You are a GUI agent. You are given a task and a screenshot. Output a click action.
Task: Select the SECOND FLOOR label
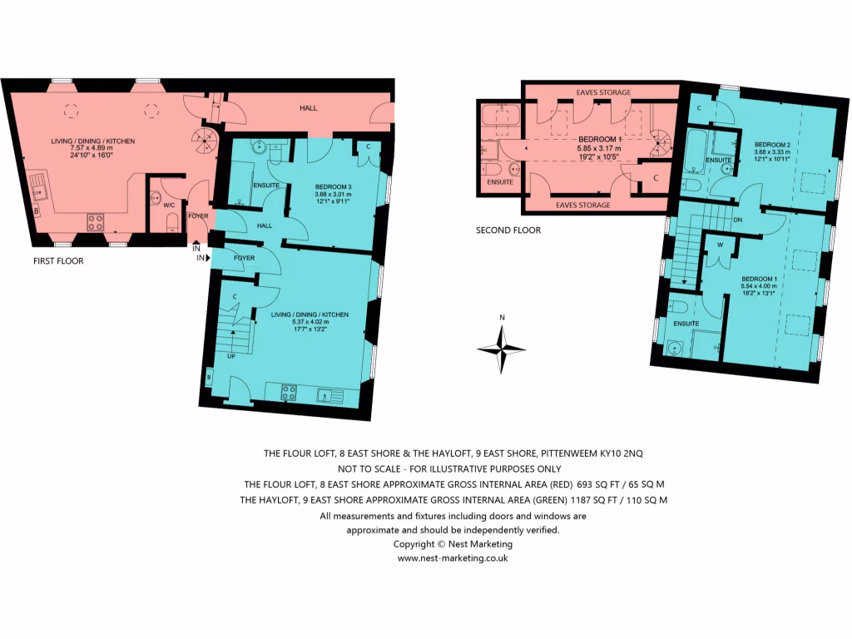[508, 230]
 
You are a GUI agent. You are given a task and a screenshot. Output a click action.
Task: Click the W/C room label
[169, 205]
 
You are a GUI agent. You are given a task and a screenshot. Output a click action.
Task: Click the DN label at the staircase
[738, 220]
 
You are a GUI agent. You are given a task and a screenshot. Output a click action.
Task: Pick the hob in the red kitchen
[96, 221]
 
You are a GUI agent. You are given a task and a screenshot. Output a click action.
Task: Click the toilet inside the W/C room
[172, 220]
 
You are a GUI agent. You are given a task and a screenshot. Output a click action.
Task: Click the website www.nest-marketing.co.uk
[453, 558]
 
